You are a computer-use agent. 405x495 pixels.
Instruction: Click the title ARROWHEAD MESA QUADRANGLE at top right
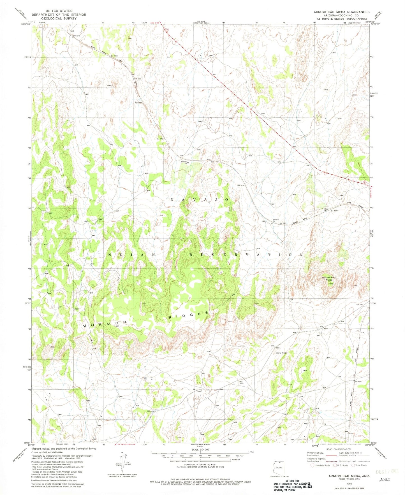338,12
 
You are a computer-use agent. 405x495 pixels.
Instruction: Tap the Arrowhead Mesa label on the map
328,278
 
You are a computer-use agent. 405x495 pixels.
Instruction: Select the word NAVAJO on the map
200,199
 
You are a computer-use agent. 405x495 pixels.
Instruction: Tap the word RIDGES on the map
189,315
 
